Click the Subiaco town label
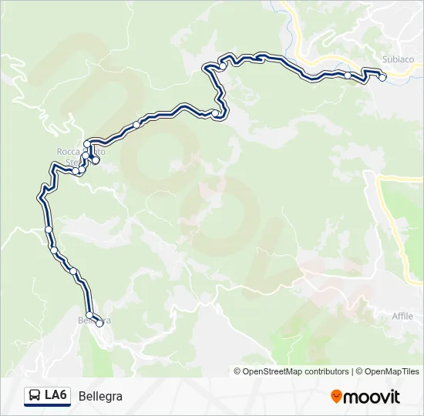pos(398,59)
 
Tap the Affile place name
pos(402,316)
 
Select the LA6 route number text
pos(56,396)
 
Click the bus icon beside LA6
pos(35,396)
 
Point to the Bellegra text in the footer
pos(100,397)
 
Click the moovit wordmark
pos(372,397)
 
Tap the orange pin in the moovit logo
pos(336,396)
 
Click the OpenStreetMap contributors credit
pos(296,371)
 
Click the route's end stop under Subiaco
pos(382,77)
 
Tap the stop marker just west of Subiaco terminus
pos(348,75)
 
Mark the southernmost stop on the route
pos(99,324)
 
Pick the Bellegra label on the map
pos(94,320)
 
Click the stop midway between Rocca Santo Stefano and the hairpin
pos(136,125)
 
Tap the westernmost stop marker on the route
pos(49,230)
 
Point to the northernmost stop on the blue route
pos(223,66)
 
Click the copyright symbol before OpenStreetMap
pos(237,371)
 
